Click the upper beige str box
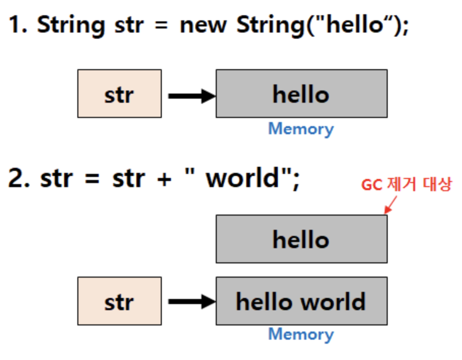[119, 94]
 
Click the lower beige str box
[119, 301]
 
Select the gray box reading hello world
[301, 301]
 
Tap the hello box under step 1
[301, 94]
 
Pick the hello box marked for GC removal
[301, 239]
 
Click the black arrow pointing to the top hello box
[191, 95]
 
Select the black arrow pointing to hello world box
[191, 302]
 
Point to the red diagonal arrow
[390, 204]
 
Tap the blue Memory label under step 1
[301, 129]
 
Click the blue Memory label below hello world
[301, 334]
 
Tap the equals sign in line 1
[161, 25]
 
